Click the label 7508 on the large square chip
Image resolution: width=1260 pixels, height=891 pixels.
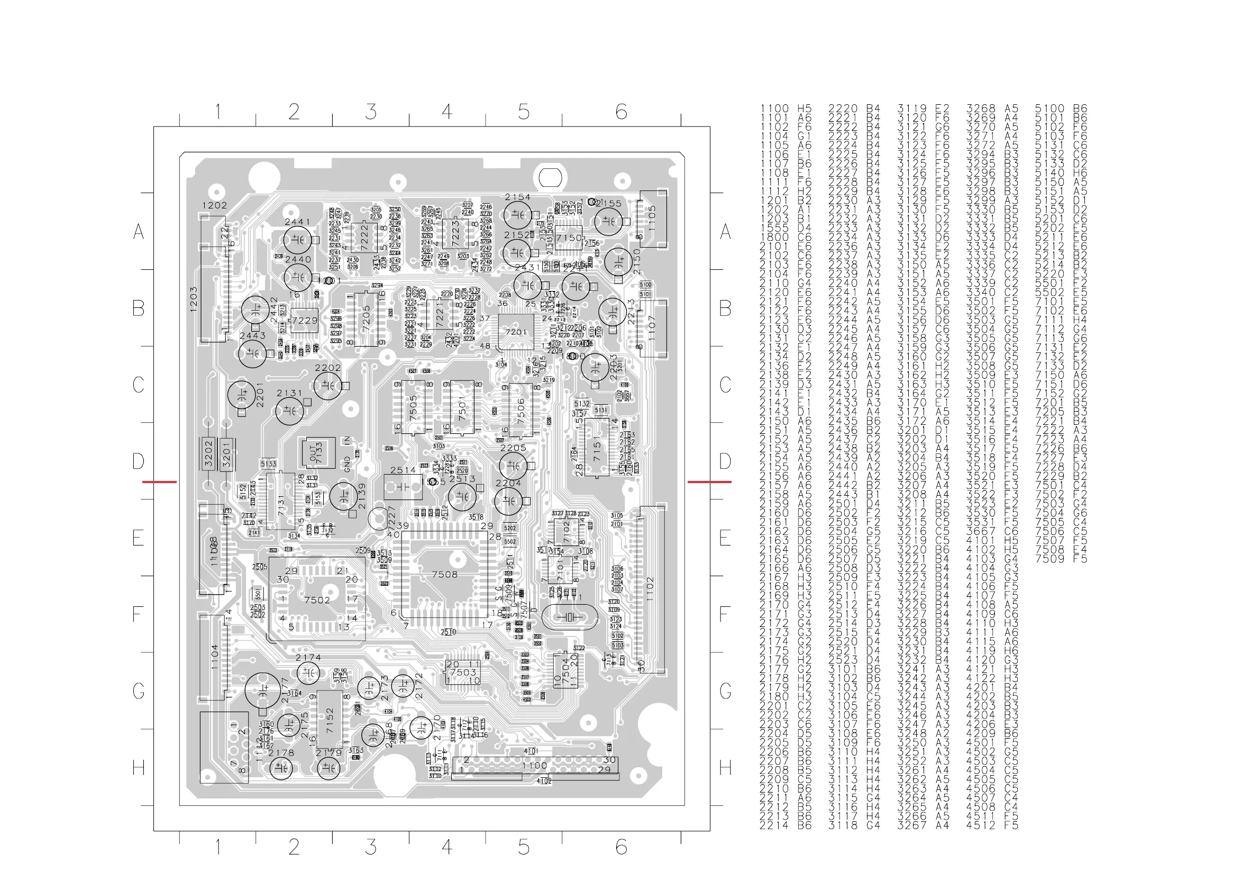[x=444, y=574]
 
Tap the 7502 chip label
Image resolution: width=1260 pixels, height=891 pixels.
[x=317, y=600]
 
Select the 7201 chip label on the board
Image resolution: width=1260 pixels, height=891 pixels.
[x=516, y=332]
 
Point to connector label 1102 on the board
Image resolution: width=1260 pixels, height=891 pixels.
[x=650, y=588]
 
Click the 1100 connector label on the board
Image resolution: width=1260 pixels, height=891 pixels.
[x=534, y=765]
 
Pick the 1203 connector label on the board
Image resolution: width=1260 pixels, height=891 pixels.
[x=194, y=299]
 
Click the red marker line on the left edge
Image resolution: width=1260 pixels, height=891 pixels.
[x=160, y=482]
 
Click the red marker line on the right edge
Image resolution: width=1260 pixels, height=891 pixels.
[x=709, y=482]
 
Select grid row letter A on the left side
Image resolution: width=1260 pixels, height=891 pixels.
[x=139, y=232]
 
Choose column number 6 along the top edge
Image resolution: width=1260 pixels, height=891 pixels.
[x=620, y=112]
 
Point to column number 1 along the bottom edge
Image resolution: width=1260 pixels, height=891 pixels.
[x=218, y=847]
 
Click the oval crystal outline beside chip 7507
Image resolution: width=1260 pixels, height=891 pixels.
[x=570, y=617]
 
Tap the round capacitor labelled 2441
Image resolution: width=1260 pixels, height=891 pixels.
[x=297, y=240]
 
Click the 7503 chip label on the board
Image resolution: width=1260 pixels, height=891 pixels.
[x=463, y=672]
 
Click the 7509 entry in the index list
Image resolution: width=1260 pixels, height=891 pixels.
[x=1049, y=559]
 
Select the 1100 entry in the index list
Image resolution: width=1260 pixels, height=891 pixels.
[x=774, y=108]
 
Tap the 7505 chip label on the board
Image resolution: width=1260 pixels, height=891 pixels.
[x=413, y=406]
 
